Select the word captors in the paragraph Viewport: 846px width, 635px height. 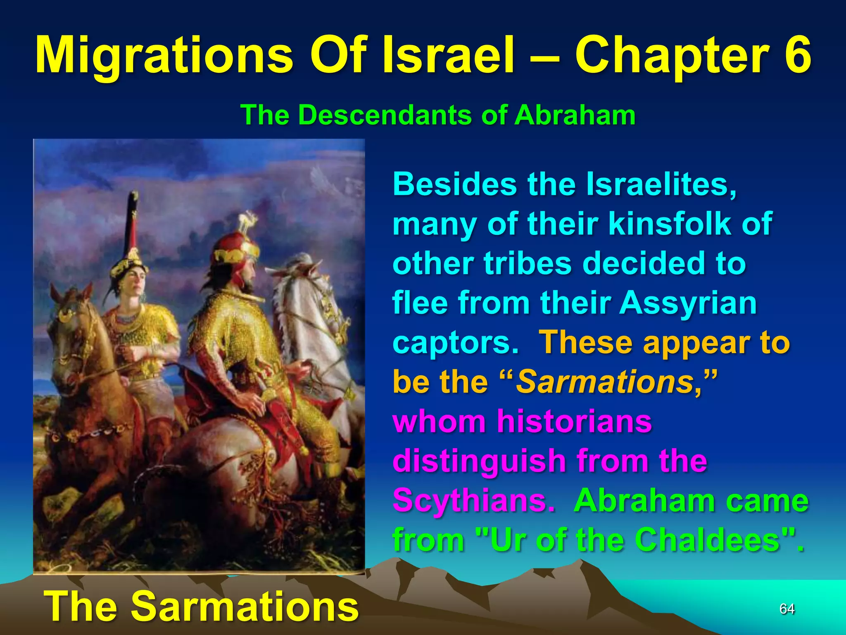pyautogui.click(x=455, y=342)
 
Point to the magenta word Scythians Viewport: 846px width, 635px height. pyautogui.click(x=473, y=500)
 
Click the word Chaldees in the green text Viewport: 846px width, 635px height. pyautogui.click(x=706, y=540)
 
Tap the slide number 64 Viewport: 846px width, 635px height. pyautogui.click(x=787, y=609)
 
